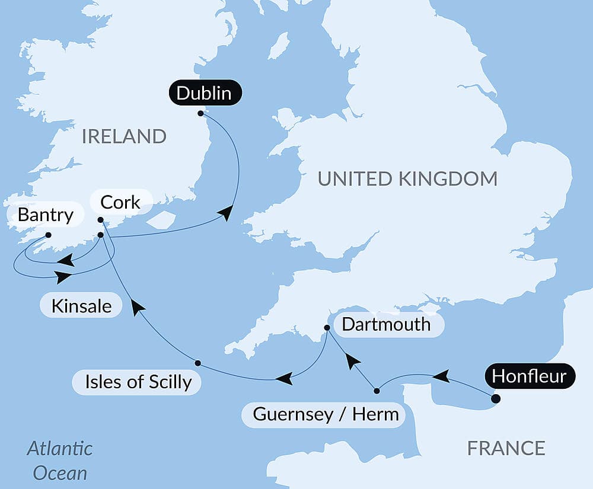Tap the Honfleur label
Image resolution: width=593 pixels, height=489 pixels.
(530, 376)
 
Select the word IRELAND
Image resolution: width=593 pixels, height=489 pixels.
(124, 136)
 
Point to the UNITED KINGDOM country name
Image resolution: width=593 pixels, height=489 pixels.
(407, 178)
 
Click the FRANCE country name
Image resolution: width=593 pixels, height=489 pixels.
(506, 448)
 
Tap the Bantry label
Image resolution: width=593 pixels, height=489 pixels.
(45, 215)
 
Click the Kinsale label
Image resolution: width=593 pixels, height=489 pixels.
(81, 306)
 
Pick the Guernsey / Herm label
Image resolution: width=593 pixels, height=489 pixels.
(326, 414)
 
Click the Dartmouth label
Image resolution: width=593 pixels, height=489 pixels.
(386, 324)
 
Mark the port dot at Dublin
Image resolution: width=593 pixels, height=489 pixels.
(200, 113)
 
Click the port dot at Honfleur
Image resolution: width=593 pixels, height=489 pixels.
(496, 399)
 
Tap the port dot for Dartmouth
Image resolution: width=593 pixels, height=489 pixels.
(327, 328)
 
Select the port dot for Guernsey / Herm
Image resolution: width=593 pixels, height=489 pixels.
(377, 391)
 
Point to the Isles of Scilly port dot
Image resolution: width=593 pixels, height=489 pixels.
(197, 363)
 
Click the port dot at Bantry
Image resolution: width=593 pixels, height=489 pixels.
(49, 235)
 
